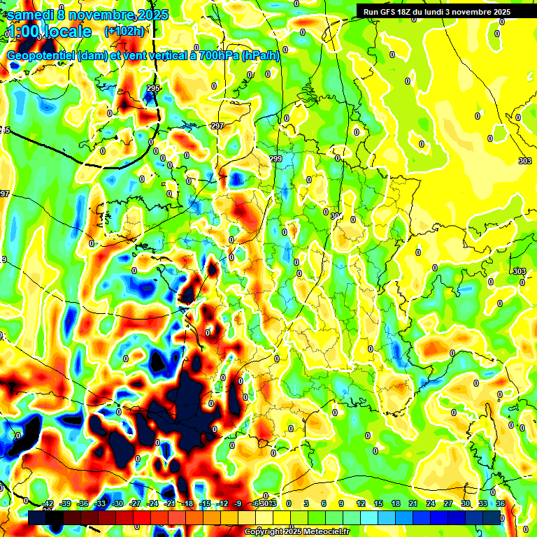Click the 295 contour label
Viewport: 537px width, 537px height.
(x=154, y=88)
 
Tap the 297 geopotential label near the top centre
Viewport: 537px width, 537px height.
(x=217, y=126)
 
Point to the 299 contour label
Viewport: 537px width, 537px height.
(x=275, y=159)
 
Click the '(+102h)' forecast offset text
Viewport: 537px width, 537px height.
(x=124, y=31)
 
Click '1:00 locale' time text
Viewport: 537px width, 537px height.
(x=50, y=32)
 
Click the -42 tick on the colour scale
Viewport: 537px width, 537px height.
(x=48, y=504)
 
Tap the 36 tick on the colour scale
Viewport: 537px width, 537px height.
(x=501, y=504)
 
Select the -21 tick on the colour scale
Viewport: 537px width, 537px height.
(x=170, y=504)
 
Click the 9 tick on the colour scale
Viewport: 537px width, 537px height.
(x=341, y=504)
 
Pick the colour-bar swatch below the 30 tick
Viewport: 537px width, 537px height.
(x=466, y=517)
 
